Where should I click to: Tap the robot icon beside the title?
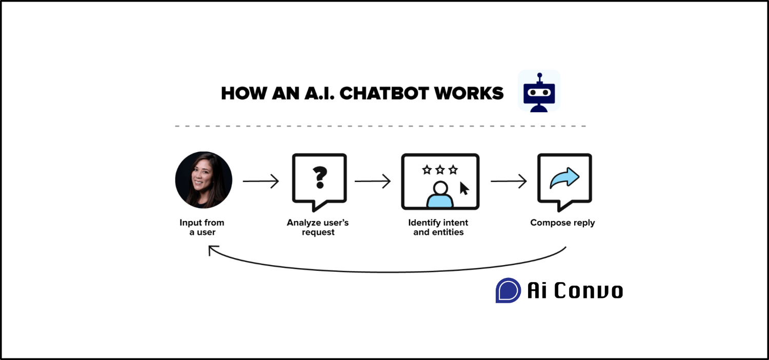tap(539, 91)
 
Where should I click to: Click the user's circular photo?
tap(204, 180)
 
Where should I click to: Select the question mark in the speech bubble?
tap(319, 177)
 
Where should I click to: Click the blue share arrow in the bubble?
tap(564, 177)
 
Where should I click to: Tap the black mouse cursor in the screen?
tap(464, 189)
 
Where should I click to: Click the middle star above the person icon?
tap(440, 169)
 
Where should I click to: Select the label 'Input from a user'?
tap(202, 227)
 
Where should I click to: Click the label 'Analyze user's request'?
tap(318, 227)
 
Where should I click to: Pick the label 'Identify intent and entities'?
tap(438, 227)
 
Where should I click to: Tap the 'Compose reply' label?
tap(562, 223)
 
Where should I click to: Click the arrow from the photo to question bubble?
tap(260, 181)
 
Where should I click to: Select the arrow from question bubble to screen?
tap(372, 181)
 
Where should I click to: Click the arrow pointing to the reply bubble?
tap(509, 181)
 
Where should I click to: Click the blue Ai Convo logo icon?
tap(508, 290)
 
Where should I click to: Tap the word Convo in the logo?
tap(589, 291)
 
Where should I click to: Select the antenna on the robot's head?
tap(539, 76)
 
